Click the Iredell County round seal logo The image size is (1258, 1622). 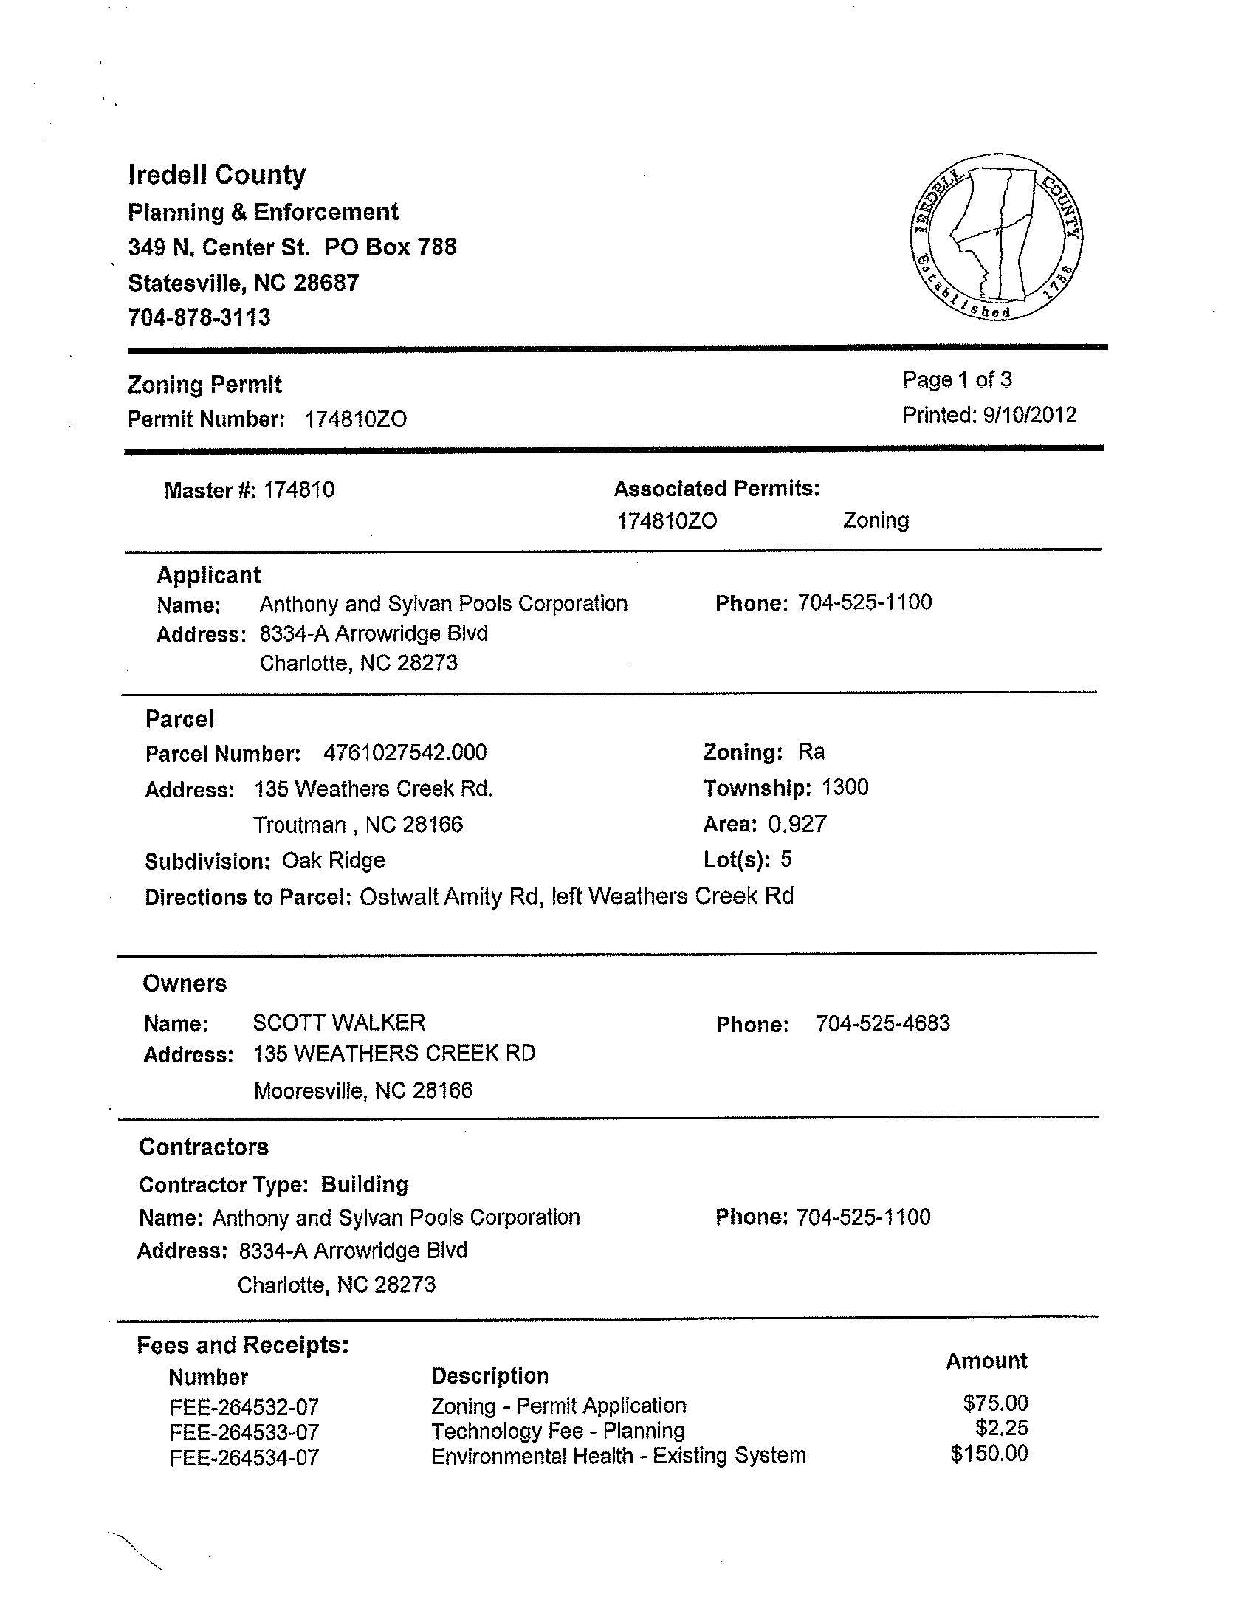[995, 238]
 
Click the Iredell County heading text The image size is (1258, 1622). [217, 174]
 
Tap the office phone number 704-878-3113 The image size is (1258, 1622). [199, 318]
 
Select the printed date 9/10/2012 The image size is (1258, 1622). [1029, 414]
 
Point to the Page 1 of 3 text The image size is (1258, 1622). [957, 379]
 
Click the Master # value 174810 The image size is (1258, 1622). [299, 490]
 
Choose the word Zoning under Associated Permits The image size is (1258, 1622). [876, 520]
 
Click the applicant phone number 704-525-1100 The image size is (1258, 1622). [865, 602]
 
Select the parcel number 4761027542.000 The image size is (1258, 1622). [405, 753]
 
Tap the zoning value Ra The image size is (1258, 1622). [811, 752]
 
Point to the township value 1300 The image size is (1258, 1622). [845, 787]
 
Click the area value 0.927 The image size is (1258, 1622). [797, 825]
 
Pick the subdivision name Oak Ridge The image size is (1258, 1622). [334, 861]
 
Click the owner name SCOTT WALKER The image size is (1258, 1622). [339, 1023]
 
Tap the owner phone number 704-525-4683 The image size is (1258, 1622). [882, 1023]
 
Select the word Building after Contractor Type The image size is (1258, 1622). [365, 1184]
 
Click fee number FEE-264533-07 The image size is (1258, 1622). [244, 1432]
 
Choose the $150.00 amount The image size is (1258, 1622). [989, 1454]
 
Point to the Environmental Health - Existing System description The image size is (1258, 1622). [618, 1456]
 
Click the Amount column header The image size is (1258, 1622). [986, 1361]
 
